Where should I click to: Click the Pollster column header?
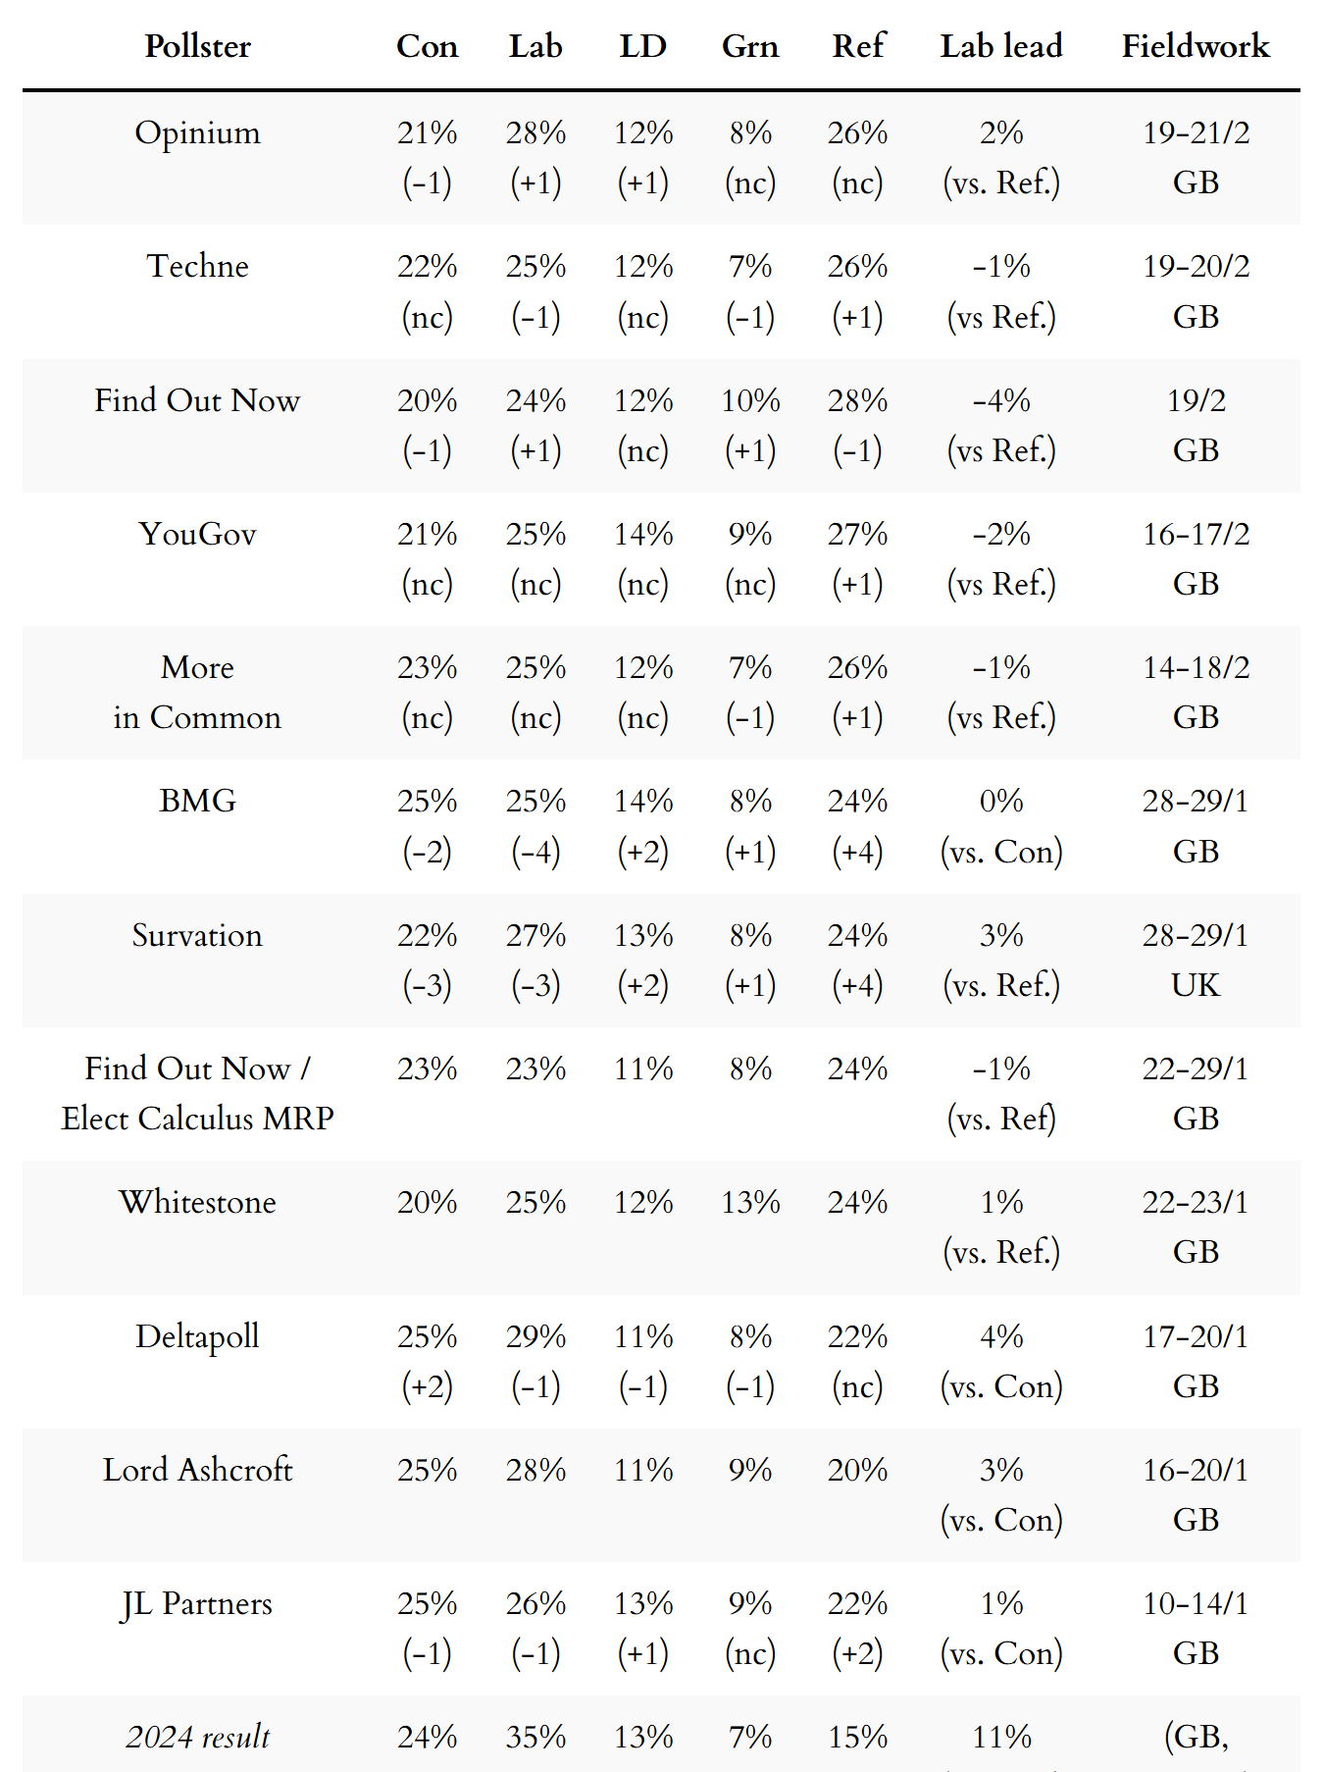tap(197, 46)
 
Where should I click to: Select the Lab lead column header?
tap(1000, 46)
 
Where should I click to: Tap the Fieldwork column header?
tap(1195, 46)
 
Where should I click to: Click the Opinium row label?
tap(197, 132)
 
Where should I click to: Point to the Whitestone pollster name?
tap(197, 1202)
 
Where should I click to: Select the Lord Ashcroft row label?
tap(197, 1470)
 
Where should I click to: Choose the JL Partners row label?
tap(197, 1603)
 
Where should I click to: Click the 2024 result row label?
tap(197, 1737)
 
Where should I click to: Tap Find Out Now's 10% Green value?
tap(750, 400)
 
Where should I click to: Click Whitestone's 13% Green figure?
tap(750, 1202)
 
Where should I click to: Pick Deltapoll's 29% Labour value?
tap(535, 1336)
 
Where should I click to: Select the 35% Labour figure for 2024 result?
tap(535, 1737)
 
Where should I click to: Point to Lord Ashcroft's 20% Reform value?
tap(857, 1470)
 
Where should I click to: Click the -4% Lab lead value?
tap(1000, 400)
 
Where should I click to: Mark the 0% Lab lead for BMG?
tap(1000, 802)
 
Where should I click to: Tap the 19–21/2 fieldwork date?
tap(1196, 132)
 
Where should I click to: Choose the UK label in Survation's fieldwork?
tap(1196, 985)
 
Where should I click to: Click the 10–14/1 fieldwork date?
tap(1196, 1603)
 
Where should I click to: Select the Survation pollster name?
tap(197, 935)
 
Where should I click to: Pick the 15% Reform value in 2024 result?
tap(857, 1737)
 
